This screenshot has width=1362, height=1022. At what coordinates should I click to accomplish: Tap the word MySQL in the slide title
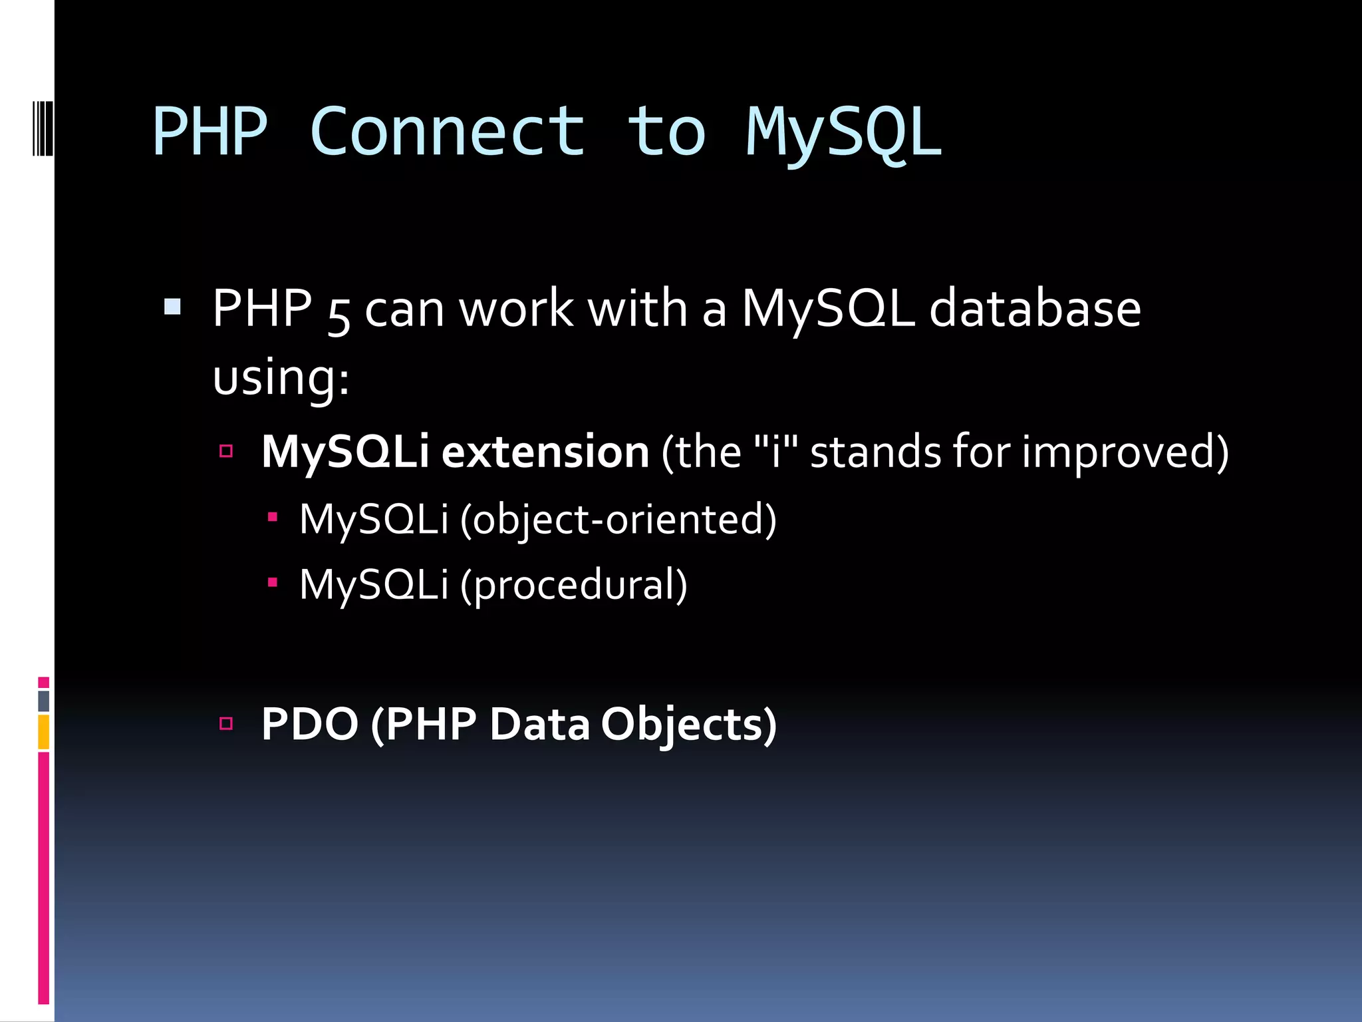click(x=843, y=133)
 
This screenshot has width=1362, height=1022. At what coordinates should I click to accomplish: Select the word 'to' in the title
click(x=666, y=133)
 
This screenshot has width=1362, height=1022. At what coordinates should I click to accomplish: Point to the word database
click(x=1035, y=309)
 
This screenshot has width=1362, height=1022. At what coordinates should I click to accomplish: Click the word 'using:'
click(x=281, y=378)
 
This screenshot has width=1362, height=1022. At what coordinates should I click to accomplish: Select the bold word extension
click(x=545, y=452)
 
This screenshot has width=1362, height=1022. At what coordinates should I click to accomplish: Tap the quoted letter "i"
click(x=775, y=450)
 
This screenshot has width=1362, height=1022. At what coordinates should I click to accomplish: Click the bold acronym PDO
click(x=310, y=724)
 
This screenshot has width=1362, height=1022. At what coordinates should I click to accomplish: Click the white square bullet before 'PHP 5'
click(x=172, y=307)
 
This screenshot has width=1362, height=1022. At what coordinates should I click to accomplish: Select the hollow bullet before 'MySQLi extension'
click(x=226, y=451)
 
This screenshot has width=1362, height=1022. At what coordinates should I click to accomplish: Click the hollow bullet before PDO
click(x=226, y=723)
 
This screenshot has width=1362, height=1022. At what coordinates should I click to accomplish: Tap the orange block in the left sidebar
click(x=43, y=732)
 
